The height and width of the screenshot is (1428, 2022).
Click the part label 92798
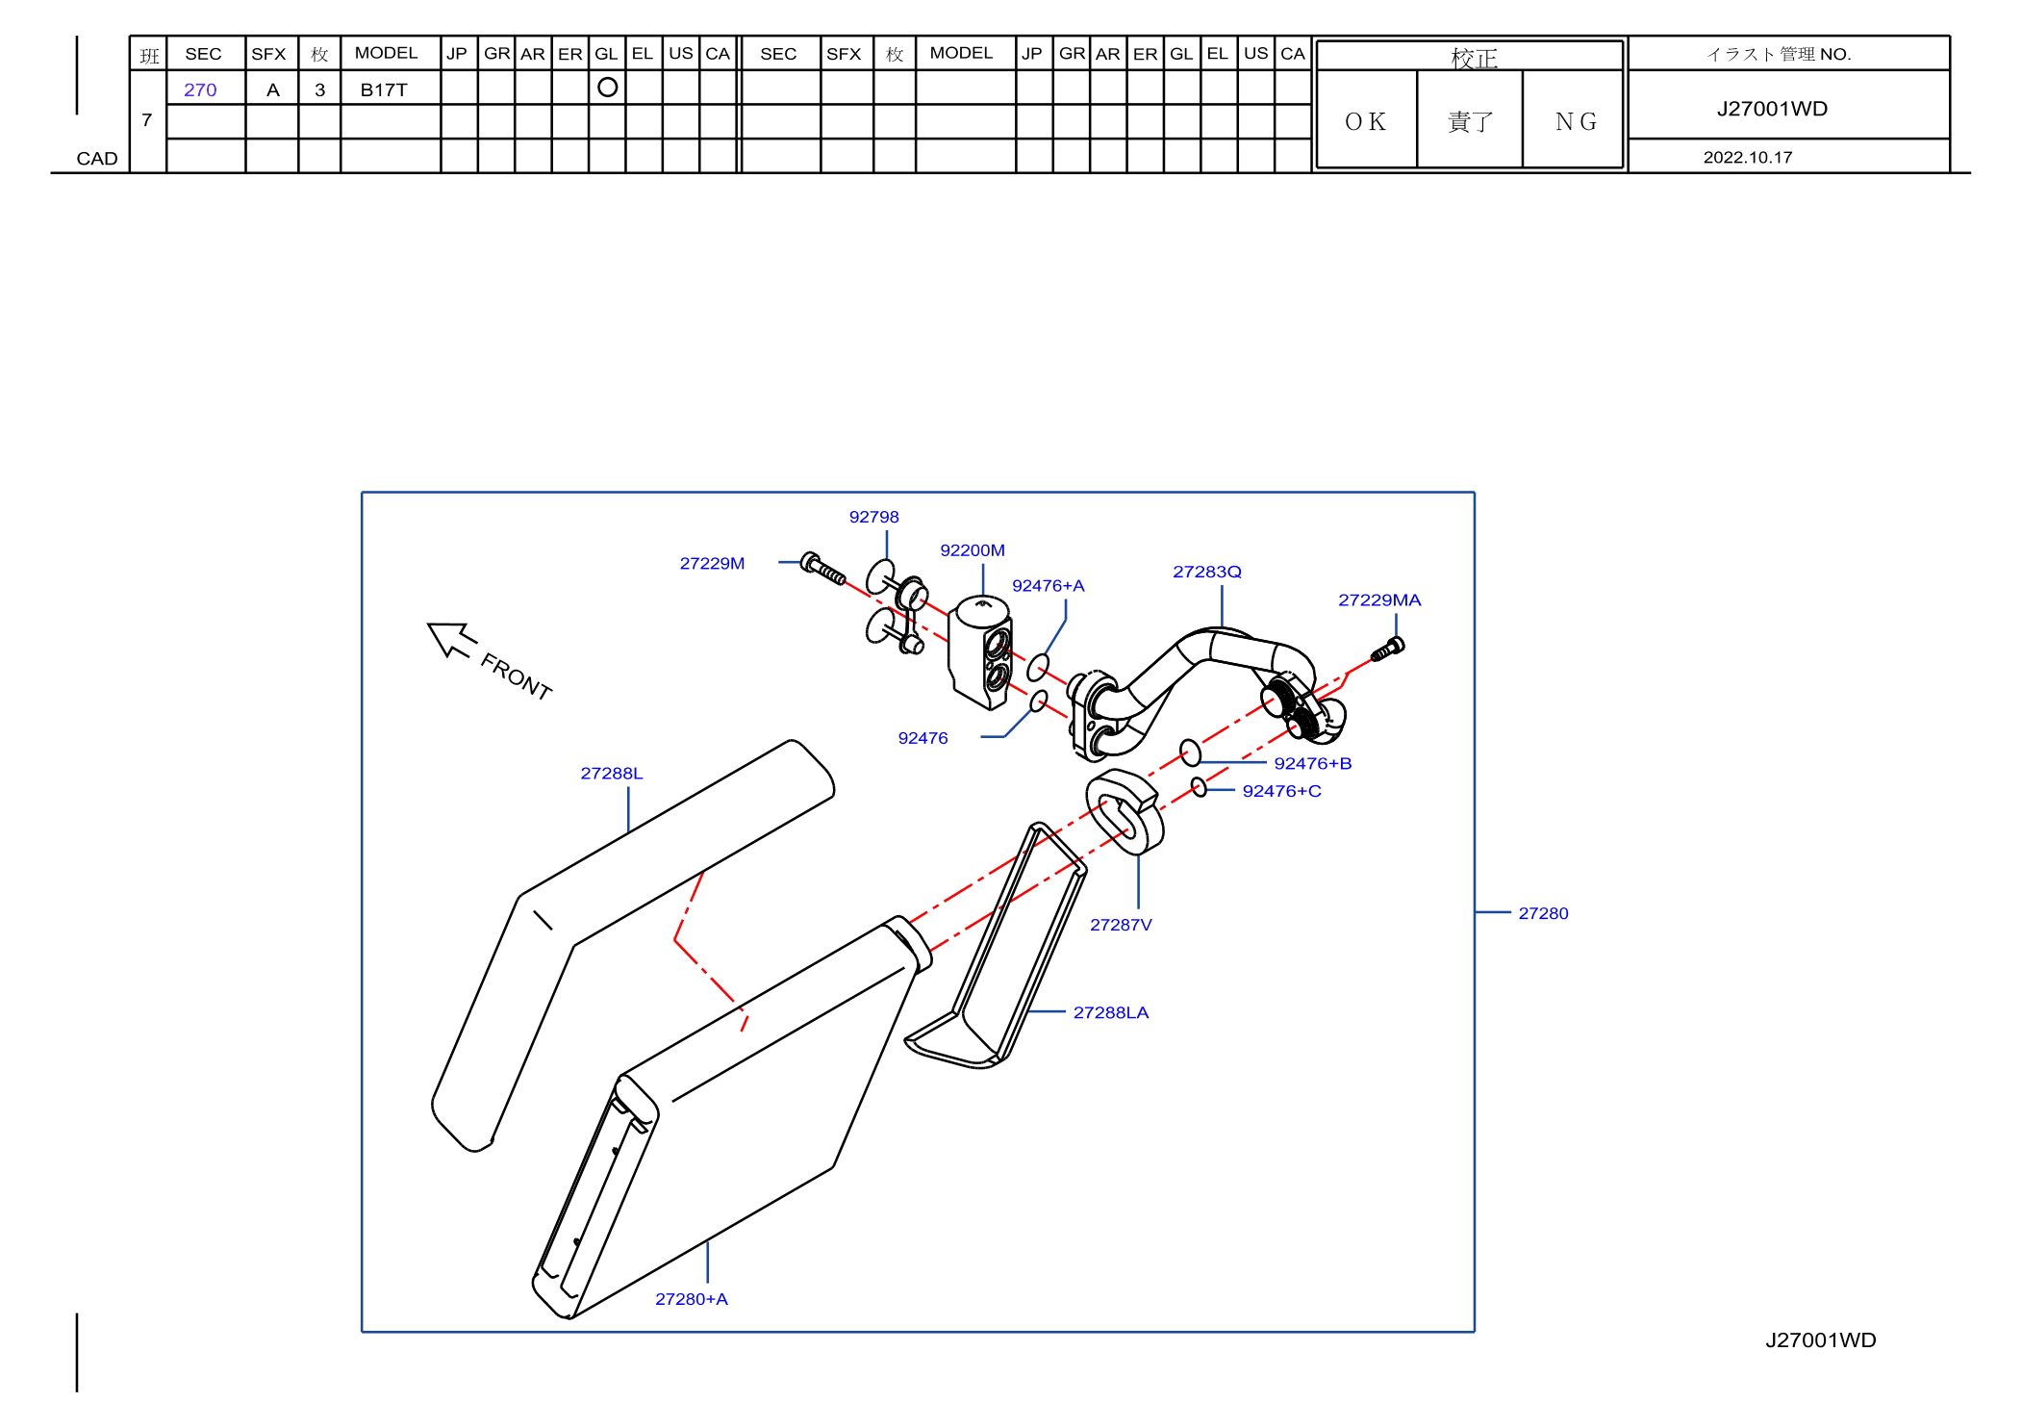click(x=873, y=517)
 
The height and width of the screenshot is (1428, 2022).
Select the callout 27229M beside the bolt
click(x=712, y=563)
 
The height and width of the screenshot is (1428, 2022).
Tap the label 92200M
click(x=973, y=550)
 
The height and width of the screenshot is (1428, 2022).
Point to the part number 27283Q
click(x=1207, y=572)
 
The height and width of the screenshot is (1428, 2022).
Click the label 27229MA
click(x=1379, y=600)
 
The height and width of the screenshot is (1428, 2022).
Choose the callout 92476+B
click(x=1313, y=763)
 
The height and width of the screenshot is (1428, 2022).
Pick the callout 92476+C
click(x=1281, y=791)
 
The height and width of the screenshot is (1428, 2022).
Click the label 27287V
click(x=1121, y=925)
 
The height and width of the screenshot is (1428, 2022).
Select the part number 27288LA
click(x=1111, y=1012)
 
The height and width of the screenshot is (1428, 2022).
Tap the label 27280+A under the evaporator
click(x=692, y=1299)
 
